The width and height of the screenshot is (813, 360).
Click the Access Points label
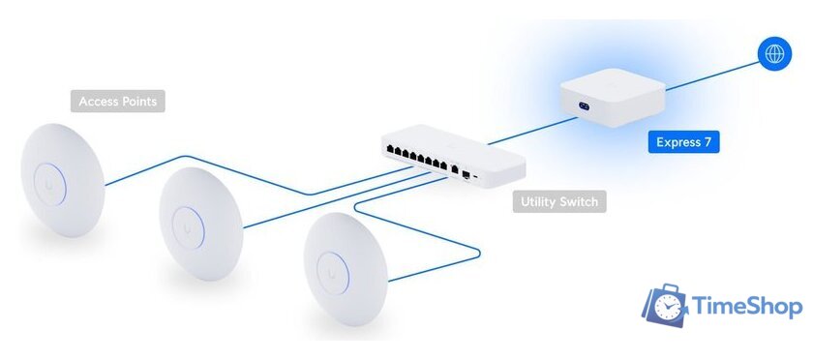(117, 101)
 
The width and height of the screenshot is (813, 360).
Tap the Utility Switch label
(559, 202)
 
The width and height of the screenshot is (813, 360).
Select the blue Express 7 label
(684, 143)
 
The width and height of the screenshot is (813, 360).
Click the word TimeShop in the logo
(746, 308)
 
